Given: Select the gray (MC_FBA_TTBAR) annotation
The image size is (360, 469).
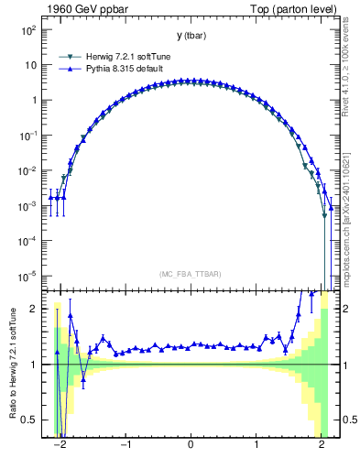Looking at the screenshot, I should click(x=191, y=274).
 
